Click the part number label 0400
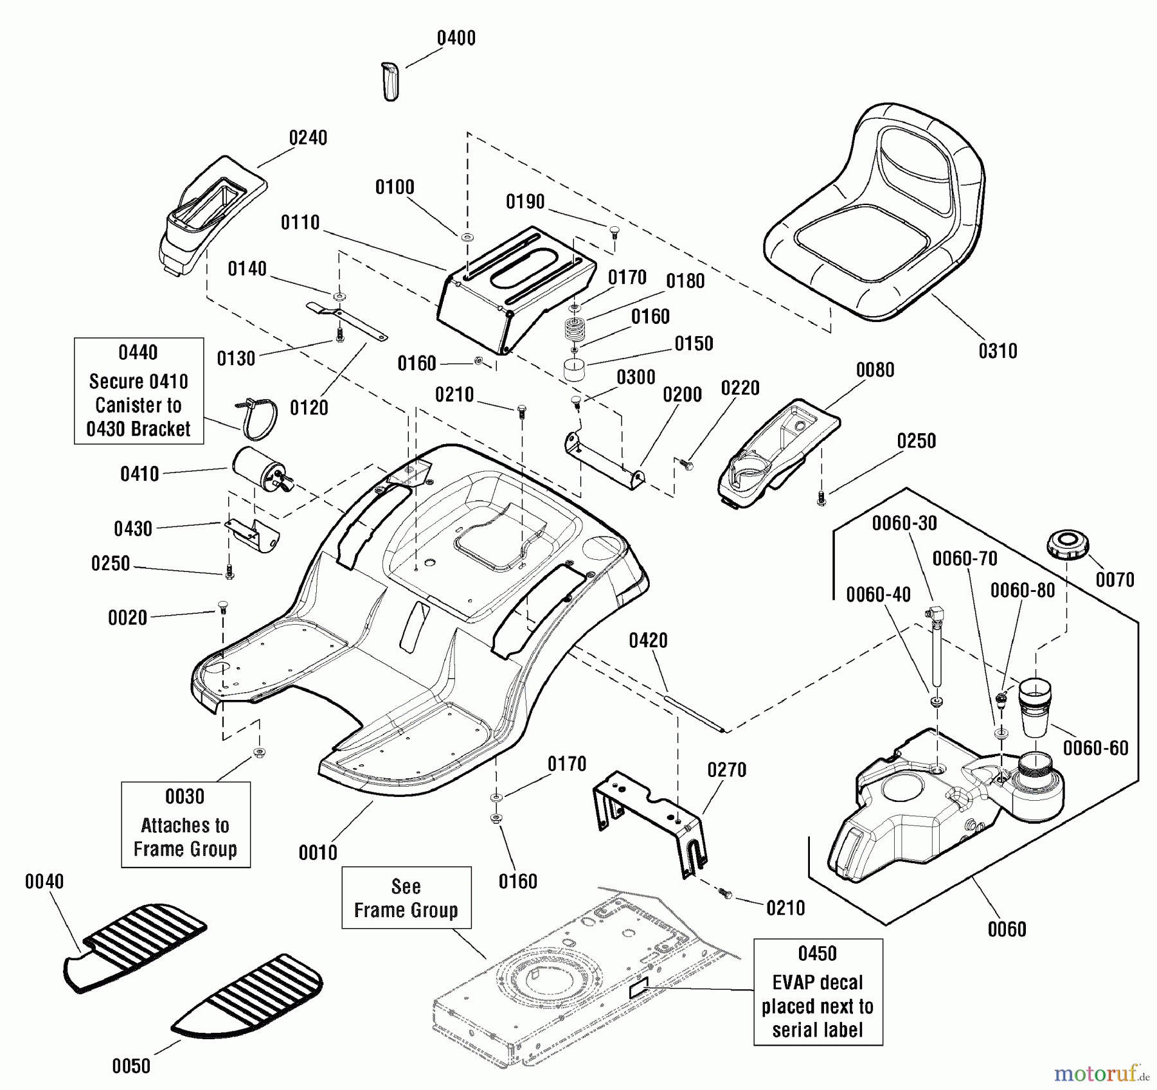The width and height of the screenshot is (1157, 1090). click(x=456, y=38)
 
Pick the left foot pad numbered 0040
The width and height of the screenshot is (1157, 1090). click(x=135, y=948)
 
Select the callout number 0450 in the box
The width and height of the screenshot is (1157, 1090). click(x=818, y=953)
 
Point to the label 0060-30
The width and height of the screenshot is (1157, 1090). click(x=904, y=523)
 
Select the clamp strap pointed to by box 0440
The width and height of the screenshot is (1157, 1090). click(x=256, y=418)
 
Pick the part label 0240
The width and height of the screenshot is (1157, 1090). click(x=308, y=138)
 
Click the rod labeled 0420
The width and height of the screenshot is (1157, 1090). click(x=695, y=711)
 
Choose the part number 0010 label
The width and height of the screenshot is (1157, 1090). click(x=318, y=853)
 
